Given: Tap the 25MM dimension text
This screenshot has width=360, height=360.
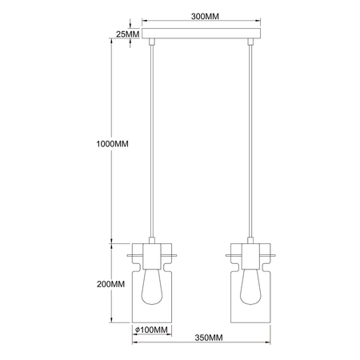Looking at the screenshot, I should click(x=126, y=35).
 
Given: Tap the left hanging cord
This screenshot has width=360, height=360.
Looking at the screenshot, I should click(x=151, y=144).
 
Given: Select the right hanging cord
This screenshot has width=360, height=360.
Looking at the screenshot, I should click(x=252, y=144).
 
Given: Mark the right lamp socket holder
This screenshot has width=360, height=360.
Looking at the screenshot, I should click(x=252, y=254).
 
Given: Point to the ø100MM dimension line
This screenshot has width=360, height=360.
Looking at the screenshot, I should click(x=151, y=335).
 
